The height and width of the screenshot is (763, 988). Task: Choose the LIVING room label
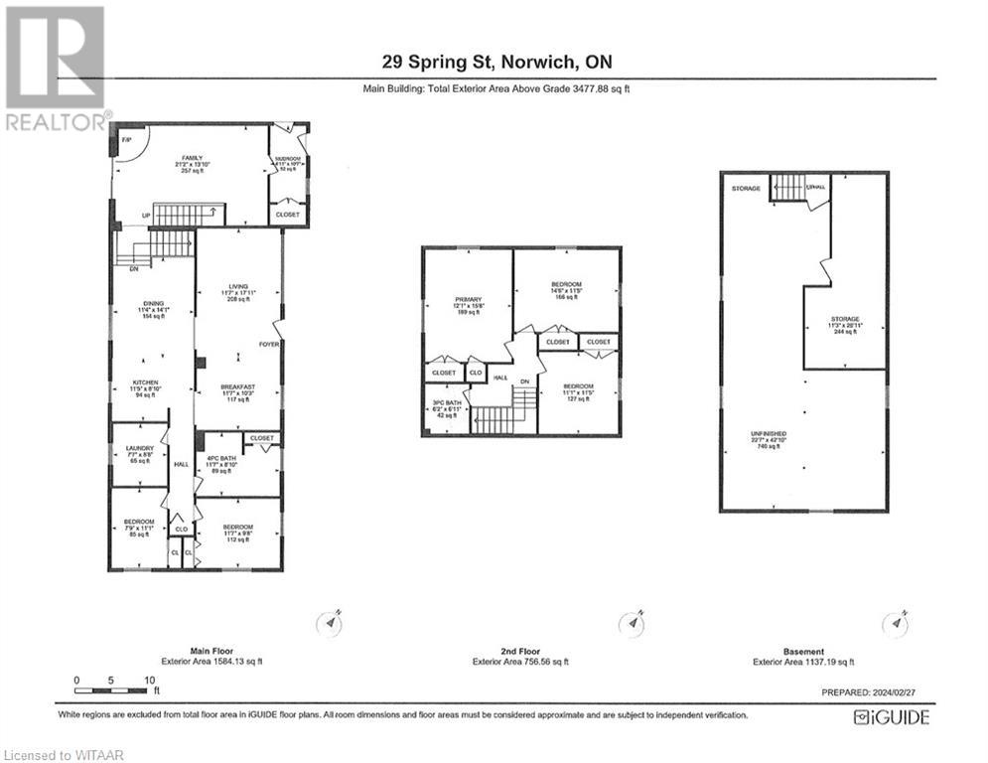click(x=238, y=286)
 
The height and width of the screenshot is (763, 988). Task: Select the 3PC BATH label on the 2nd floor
click(x=444, y=403)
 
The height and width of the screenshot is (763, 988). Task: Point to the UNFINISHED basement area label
click(x=769, y=434)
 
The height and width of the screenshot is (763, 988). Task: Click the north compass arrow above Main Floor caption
click(x=330, y=622)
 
